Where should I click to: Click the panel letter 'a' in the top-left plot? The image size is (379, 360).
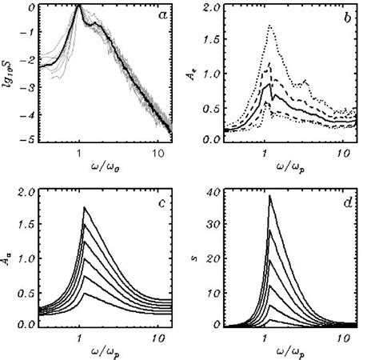tap(160, 17)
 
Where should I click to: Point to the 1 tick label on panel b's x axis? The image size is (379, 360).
tap(264, 152)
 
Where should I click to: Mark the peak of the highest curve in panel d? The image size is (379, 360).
tap(270, 196)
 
